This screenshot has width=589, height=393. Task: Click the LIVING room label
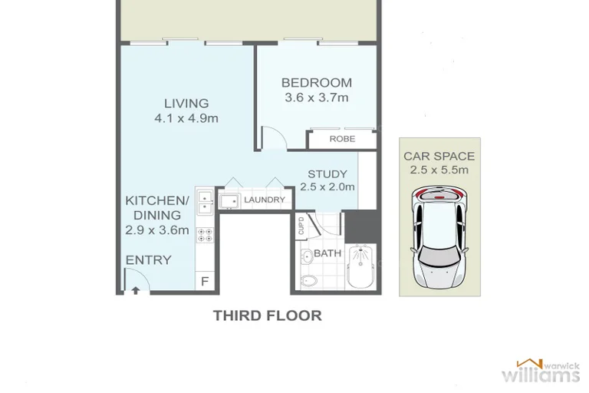pos(186,104)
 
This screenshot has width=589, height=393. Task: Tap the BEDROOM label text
pos(317,83)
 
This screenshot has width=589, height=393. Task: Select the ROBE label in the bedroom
pos(341,139)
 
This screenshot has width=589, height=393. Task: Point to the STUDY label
pos(327,174)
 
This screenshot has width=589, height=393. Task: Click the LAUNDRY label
pos(264,200)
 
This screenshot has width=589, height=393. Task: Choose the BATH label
pos(327,253)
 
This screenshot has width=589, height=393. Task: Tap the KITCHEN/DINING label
pos(153,208)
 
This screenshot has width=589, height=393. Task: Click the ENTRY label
pos(148,260)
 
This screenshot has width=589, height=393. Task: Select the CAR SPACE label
pos(439,157)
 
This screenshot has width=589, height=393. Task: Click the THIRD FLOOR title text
pos(267,315)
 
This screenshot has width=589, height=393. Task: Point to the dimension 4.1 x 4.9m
pos(186,118)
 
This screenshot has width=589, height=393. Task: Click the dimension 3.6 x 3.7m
pos(317,97)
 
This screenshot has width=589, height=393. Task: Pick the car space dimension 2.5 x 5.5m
pos(439,170)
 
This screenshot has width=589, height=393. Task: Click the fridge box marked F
pos(205,282)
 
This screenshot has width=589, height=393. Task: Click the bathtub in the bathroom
pos(360,269)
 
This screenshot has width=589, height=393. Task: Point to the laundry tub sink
pos(228,201)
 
